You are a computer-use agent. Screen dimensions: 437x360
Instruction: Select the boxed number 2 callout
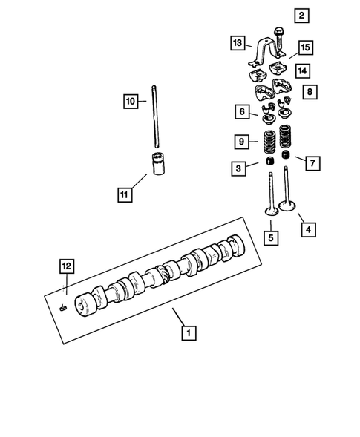coord(301,15)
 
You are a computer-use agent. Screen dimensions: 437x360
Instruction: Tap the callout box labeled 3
coord(238,169)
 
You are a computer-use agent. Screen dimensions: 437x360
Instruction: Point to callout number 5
coord(272,237)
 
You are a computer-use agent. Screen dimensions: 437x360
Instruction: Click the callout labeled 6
coord(242,111)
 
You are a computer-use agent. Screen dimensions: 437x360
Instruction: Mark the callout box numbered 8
coord(310,93)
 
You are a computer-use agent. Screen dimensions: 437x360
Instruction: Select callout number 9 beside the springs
coord(242,140)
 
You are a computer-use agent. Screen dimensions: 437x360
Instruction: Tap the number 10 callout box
coord(130,101)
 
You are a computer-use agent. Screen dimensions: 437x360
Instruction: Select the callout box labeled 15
coord(305,48)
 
